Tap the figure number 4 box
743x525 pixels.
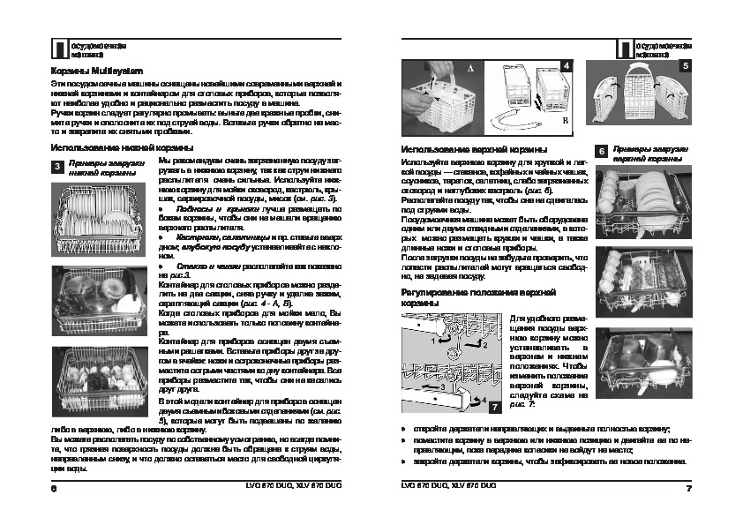566,65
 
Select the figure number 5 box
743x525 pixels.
685,64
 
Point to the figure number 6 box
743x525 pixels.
601,152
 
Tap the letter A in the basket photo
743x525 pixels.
469,68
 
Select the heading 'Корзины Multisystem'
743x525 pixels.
92,69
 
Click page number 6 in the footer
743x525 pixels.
54,488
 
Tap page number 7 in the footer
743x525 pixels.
687,488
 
